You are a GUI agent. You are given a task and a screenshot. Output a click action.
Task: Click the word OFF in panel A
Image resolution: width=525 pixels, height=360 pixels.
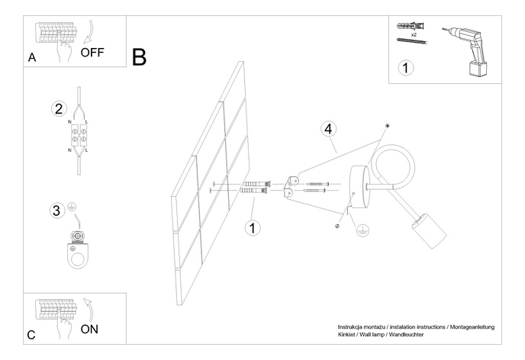point(92,53)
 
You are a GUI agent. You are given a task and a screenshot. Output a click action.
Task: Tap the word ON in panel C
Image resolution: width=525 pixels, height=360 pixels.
point(89,329)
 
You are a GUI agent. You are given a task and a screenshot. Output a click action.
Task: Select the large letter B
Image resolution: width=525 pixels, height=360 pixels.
point(139,56)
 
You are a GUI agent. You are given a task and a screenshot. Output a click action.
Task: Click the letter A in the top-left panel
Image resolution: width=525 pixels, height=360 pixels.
point(31,57)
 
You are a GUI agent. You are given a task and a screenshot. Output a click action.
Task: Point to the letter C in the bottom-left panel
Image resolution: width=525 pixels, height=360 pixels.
point(31,335)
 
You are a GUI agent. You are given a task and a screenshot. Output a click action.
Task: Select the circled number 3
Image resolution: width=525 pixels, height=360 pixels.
point(56,210)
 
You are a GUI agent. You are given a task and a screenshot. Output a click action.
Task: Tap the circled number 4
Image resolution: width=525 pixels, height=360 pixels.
point(328,129)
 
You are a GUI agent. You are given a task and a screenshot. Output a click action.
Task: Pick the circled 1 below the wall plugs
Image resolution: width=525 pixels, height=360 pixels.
point(253,227)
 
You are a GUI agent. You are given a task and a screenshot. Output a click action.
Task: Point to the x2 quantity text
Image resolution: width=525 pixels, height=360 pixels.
point(413,35)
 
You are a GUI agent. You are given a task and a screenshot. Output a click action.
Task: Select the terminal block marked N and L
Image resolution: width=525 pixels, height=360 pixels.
point(79,138)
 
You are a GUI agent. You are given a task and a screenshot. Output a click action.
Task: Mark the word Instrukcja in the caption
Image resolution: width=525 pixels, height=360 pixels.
point(353,326)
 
